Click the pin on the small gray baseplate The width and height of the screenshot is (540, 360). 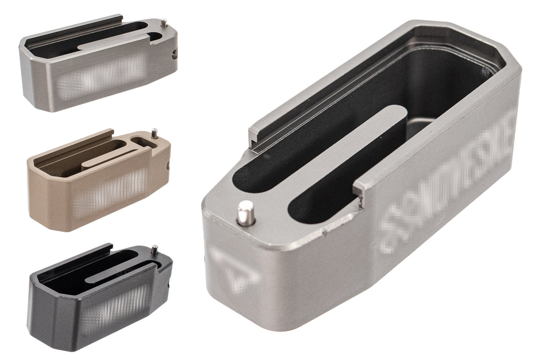click(163, 22)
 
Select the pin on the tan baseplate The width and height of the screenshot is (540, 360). click(154, 134)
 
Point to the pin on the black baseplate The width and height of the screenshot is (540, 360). click(154, 250)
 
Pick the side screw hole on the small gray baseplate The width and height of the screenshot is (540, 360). click(174, 53)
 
